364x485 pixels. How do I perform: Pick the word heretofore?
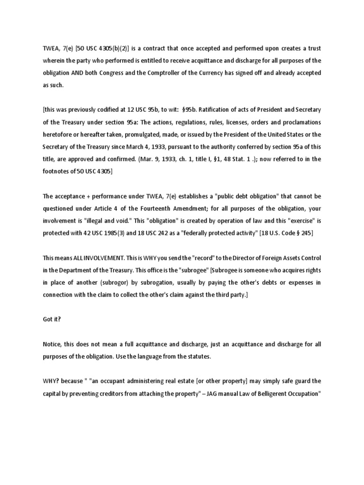[x=59, y=135]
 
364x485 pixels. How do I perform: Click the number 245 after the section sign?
[x=305, y=233]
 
